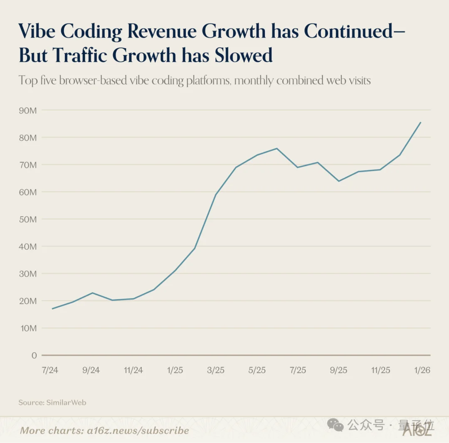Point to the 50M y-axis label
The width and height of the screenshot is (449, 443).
27,219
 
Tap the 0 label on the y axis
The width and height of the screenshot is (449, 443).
34,355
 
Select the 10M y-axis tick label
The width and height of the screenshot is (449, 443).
27,328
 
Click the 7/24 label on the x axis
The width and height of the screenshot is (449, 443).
50,370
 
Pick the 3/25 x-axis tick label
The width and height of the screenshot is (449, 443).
216,370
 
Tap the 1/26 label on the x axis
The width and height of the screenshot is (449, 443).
422,370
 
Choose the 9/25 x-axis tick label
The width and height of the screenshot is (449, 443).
339,370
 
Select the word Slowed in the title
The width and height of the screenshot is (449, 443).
244,56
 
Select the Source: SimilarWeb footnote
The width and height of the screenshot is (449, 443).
52,402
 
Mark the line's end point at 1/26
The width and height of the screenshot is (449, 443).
421,122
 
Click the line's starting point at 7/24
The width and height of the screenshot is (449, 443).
52,309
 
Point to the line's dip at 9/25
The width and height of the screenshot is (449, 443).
339,181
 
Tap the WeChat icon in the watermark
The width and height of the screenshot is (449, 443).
335,425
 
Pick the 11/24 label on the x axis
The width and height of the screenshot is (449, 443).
133,370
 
